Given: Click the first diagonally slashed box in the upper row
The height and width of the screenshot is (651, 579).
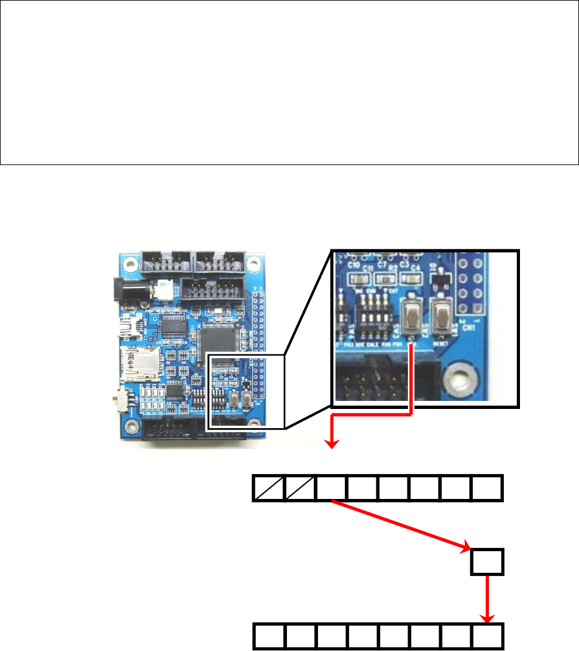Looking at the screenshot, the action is coord(269,488).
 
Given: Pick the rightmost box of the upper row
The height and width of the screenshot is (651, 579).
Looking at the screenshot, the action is coord(488,488).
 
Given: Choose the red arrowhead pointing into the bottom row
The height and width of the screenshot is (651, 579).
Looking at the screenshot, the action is coord(488,618).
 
